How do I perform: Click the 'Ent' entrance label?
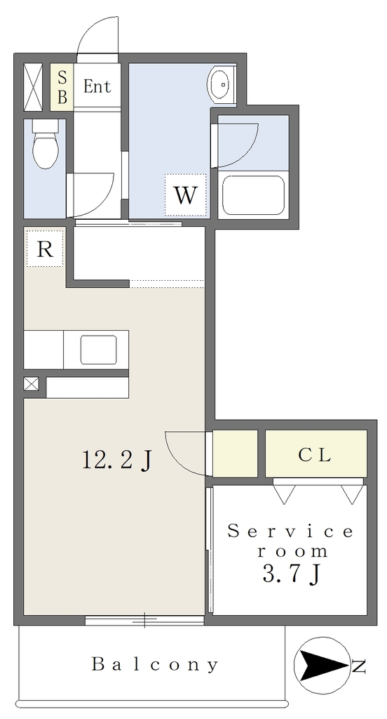97,86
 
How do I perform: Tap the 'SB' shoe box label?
62,87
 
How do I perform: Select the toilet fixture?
46,144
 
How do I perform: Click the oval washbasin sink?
222,84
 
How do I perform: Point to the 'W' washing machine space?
186,195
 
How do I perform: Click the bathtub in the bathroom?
253,194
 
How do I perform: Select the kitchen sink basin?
98,350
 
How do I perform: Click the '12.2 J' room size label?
116,460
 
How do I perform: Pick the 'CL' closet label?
314,454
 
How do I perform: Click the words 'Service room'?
291,541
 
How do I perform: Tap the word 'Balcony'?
155,664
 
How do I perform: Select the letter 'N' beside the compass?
359,666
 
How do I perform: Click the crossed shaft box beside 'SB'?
33,86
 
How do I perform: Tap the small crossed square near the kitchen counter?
31,384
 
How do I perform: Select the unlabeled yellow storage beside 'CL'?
235,454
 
